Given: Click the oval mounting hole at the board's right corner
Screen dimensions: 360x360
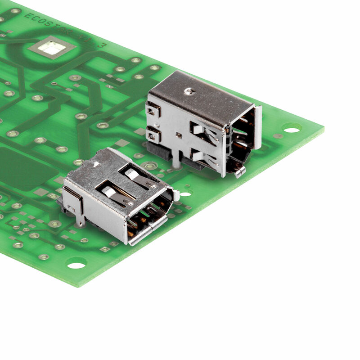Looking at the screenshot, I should [x=292, y=130].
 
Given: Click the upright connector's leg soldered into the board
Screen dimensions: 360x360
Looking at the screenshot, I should [x=176, y=161].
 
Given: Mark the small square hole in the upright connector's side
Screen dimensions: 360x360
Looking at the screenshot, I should [x=179, y=135].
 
